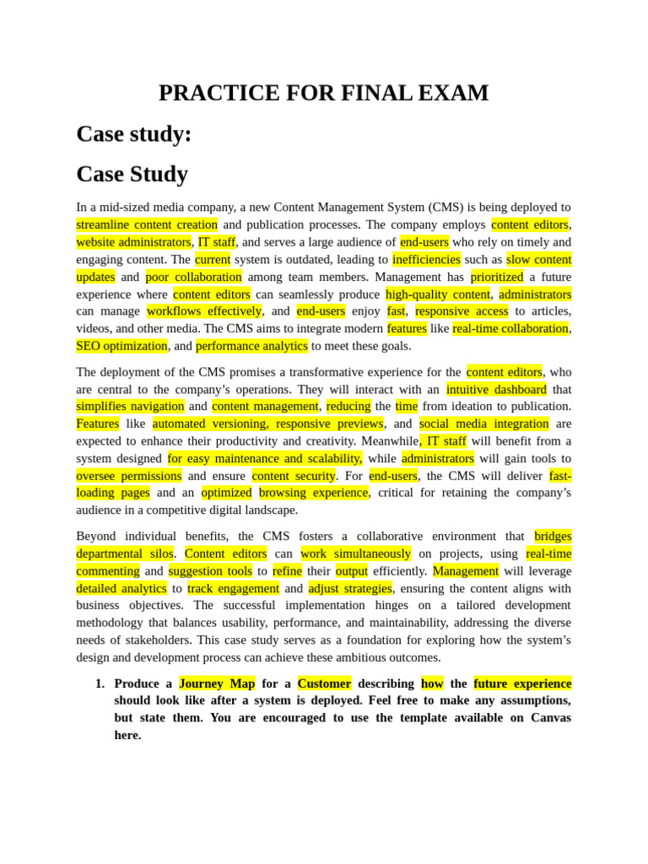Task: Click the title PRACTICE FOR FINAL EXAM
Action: click(323, 93)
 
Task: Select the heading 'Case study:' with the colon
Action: click(134, 134)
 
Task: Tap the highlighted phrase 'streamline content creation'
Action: click(147, 224)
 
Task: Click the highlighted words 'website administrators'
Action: click(134, 242)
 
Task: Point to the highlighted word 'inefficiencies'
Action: click(426, 259)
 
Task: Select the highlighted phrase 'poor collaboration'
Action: click(193, 277)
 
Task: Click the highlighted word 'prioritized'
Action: click(497, 277)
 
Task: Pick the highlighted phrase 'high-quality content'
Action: click(438, 294)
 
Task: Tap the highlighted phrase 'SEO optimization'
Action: click(121, 345)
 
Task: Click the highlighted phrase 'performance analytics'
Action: click(251, 345)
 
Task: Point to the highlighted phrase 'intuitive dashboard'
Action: click(496, 389)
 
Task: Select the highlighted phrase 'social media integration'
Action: click(483, 424)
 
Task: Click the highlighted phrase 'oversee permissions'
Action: click(129, 475)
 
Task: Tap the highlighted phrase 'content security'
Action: click(294, 475)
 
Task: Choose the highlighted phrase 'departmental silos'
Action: click(125, 553)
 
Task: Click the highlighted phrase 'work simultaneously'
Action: click(355, 553)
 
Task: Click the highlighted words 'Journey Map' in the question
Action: click(217, 683)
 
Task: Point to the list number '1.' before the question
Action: click(100, 683)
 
